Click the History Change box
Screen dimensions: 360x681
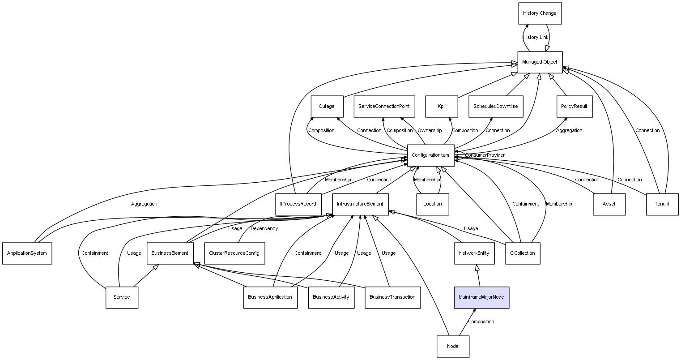pyautogui.click(x=540, y=13)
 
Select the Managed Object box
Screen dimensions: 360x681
pyautogui.click(x=540, y=62)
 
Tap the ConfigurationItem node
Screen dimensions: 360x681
pyautogui.click(x=430, y=155)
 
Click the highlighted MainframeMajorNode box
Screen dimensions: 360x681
pyautogui.click(x=481, y=297)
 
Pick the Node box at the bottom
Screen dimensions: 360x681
pyautogui.click(x=453, y=346)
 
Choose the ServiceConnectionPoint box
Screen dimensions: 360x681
pyautogui.click(x=384, y=107)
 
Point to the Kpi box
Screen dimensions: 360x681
pyautogui.click(x=441, y=107)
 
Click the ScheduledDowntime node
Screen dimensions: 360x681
pyautogui.click(x=496, y=107)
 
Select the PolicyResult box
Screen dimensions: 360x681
pyautogui.click(x=575, y=107)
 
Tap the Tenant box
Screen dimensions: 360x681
pyautogui.click(x=662, y=204)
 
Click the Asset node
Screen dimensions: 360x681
pyautogui.click(x=609, y=204)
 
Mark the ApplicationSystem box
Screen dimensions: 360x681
pyautogui.click(x=27, y=253)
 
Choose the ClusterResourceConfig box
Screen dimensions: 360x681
pyautogui.click(x=234, y=253)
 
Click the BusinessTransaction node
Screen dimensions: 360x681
pyautogui.click(x=392, y=297)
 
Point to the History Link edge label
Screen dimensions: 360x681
pyautogui.click(x=536, y=38)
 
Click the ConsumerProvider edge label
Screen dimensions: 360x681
pyautogui.click(x=485, y=155)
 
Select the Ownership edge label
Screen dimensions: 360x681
pyautogui.click(x=430, y=131)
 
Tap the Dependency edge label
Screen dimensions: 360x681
pyautogui.click(x=264, y=229)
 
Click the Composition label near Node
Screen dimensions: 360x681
pyautogui.click(x=481, y=322)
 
